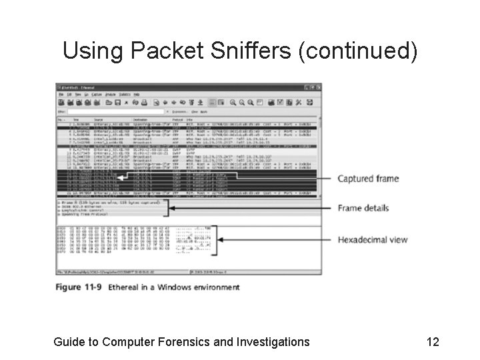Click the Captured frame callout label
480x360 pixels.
[368, 179]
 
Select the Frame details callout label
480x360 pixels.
[363, 208]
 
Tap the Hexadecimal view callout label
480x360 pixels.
[372, 239]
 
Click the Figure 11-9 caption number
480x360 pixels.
[83, 287]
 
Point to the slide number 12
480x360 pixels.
[433, 342]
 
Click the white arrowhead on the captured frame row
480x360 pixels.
[120, 178]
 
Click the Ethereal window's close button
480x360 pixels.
[317, 87]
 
